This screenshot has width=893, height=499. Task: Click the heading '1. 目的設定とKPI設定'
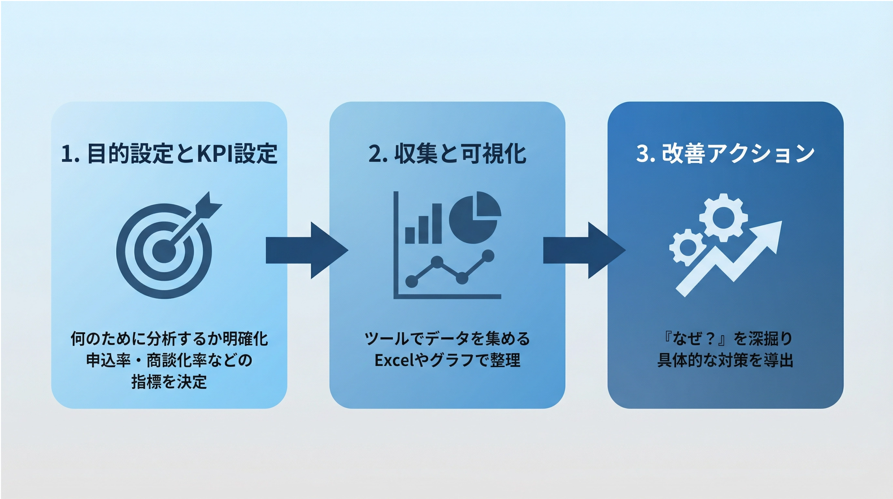169,153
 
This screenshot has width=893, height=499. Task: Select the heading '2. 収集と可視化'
447,153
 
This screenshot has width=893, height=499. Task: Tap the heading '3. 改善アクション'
725,153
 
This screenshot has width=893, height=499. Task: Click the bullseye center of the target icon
164,250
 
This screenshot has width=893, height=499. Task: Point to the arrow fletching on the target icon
208,205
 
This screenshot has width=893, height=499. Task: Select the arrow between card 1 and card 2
306,250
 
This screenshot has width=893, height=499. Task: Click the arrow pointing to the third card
584,250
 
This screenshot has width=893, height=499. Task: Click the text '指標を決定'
169,382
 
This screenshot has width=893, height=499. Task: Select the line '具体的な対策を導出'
725,360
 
